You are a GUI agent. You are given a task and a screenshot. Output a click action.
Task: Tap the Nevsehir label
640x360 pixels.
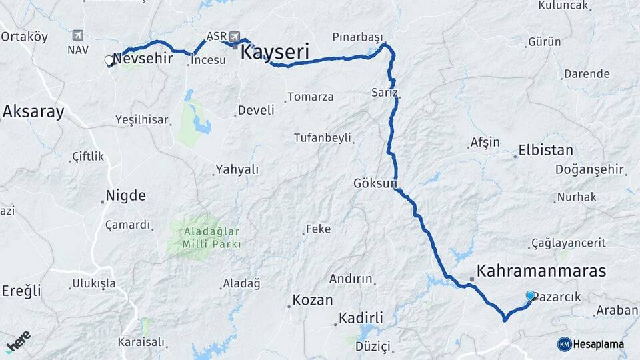click(143, 59)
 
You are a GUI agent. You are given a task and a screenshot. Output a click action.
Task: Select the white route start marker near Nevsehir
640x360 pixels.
click(109, 61)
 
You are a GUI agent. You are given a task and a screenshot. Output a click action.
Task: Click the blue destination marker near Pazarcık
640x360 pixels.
click(530, 295)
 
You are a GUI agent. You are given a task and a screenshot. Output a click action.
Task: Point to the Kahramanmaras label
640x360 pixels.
click(541, 271)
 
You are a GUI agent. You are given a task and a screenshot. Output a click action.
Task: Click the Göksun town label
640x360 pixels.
click(376, 182)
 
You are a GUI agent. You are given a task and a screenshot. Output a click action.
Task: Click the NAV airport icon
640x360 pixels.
click(78, 35)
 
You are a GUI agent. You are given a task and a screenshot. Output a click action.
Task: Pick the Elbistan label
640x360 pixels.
click(545, 151)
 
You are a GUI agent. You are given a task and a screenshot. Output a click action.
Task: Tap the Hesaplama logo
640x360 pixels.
click(591, 344)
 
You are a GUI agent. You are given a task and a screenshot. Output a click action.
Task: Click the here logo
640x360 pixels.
click(19, 341)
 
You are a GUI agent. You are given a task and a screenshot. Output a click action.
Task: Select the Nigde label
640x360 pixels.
click(125, 196)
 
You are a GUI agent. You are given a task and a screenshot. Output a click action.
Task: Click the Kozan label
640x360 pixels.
click(313, 300)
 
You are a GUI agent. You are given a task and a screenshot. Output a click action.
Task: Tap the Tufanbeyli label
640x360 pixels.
click(322, 138)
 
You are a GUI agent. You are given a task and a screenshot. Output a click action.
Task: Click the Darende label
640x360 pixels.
click(587, 74)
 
